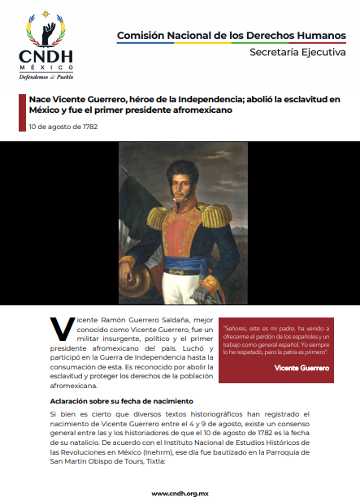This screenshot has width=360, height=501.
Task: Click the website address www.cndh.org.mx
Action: (x=180, y=493)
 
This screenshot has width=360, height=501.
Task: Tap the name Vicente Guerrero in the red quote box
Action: (x=301, y=368)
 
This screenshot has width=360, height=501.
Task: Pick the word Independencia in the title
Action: (x=197, y=99)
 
